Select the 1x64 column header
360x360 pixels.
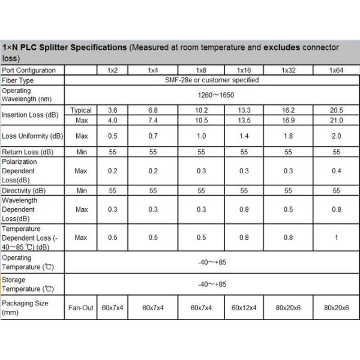[x=337, y=70]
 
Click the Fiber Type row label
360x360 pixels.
[x=18, y=80]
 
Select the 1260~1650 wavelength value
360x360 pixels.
[x=212, y=95]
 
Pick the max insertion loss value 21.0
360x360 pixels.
[x=337, y=120]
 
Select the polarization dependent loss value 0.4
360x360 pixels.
[x=337, y=170]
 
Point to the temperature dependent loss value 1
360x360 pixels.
[x=337, y=238]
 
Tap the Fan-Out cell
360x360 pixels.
[x=81, y=307]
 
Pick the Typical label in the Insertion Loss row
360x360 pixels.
[x=81, y=110]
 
